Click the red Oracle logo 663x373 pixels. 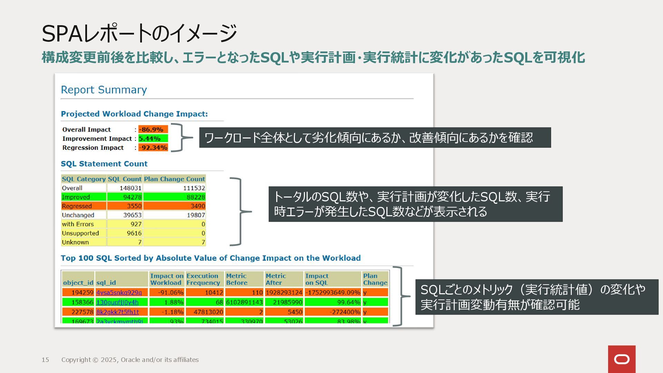622,359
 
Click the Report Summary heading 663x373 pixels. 104,90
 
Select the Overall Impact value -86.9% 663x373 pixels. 153,130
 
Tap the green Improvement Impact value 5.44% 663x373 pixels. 153,138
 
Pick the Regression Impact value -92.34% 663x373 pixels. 153,147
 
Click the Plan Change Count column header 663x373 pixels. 174,179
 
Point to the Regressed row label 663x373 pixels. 77,206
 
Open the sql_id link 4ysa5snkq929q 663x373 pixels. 119,293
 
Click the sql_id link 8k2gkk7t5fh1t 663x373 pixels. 117,312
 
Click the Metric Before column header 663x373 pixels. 237,279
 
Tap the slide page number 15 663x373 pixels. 45,360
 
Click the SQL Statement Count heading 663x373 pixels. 104,164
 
